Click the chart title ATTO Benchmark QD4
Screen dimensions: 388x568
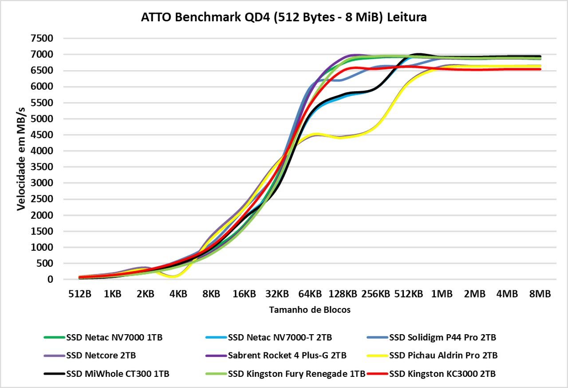click(284, 17)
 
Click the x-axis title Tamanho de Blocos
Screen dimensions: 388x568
click(310, 310)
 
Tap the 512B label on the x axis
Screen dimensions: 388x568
click(79, 294)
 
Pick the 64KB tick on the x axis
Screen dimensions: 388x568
click(310, 294)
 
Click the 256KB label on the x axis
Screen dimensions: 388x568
click(375, 294)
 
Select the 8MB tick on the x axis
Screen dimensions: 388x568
click(540, 294)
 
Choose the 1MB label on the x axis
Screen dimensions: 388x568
click(441, 294)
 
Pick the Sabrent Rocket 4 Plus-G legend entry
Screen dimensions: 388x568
click(287, 356)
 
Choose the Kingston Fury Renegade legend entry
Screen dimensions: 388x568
click(296, 374)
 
